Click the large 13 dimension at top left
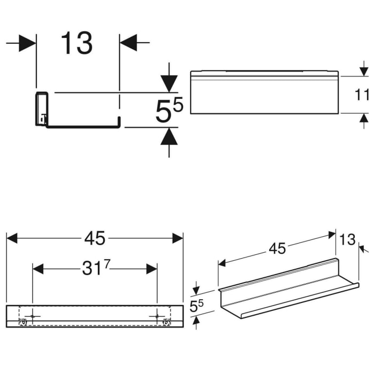click(x=76, y=43)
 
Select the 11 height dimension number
click(x=363, y=95)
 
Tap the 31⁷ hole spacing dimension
click(x=95, y=269)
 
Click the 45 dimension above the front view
click(x=94, y=238)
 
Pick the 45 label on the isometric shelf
click(x=277, y=248)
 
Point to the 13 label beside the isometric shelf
click(x=347, y=240)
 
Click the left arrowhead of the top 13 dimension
click(x=27, y=43)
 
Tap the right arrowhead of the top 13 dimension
click(x=128, y=43)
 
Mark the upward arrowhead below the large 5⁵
click(x=169, y=137)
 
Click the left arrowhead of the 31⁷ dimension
click(x=38, y=269)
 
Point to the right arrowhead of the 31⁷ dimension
click(x=152, y=269)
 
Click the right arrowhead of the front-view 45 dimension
click(x=177, y=238)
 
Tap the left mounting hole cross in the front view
click(x=33, y=316)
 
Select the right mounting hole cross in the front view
click(x=157, y=316)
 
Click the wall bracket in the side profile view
click(x=42, y=110)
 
